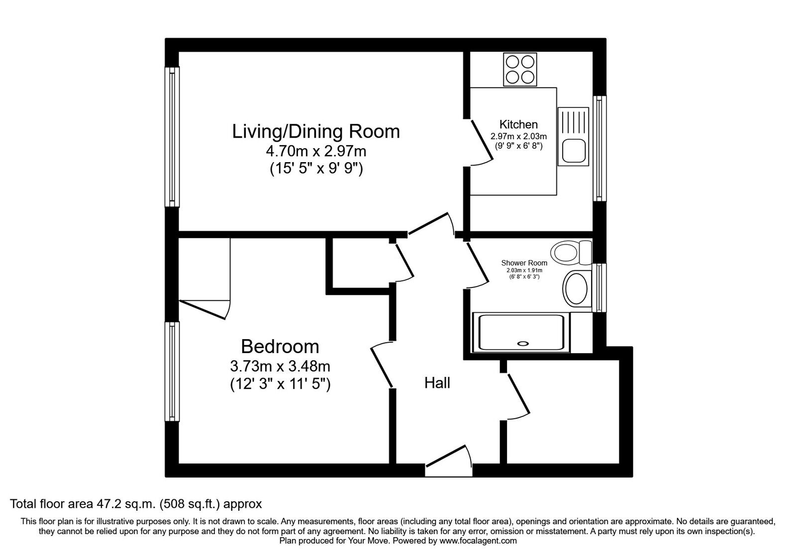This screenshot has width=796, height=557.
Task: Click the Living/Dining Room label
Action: click(x=316, y=132)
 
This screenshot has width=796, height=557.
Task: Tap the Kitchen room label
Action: click(x=518, y=124)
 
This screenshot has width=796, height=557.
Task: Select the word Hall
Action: click(x=437, y=383)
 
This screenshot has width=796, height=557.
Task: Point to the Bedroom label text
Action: click(x=280, y=346)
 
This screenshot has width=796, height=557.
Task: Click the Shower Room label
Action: click(x=524, y=263)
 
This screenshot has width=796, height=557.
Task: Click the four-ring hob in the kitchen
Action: click(x=520, y=69)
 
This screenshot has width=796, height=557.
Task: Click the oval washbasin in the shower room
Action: click(x=576, y=289)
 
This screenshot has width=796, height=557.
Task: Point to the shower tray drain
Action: click(x=523, y=344)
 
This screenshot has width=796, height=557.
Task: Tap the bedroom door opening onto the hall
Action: click(x=381, y=365)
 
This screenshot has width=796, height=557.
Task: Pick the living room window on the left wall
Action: click(x=172, y=137)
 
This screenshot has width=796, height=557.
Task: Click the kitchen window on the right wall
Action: click(x=599, y=149)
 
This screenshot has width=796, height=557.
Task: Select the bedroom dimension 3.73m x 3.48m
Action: click(x=280, y=366)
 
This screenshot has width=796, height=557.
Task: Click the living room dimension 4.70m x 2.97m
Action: click(x=316, y=151)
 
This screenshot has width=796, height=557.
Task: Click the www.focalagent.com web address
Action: click(x=478, y=541)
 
